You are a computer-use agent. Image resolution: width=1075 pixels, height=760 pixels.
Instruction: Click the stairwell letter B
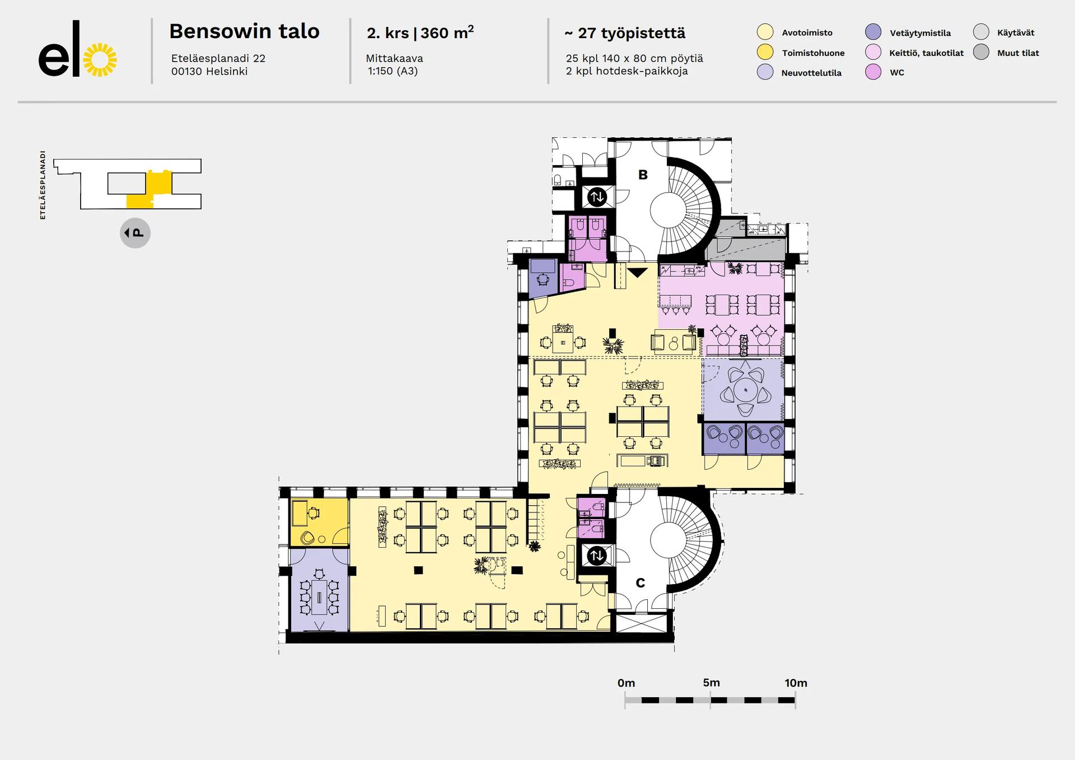643,175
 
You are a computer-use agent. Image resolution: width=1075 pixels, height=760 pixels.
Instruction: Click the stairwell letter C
641,583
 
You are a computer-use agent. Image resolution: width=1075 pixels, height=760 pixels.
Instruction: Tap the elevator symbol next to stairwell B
597,197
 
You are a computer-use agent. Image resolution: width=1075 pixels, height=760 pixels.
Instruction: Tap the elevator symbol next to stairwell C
597,556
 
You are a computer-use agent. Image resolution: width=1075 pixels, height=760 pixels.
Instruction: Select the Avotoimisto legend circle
765,32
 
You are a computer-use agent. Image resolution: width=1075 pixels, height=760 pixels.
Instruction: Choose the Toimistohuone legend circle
765,53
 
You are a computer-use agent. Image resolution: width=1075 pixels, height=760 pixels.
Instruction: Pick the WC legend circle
873,72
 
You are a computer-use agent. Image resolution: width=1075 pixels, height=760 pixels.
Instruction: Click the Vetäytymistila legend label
920,33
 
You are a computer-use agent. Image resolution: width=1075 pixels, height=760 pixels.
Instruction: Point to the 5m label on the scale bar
711,683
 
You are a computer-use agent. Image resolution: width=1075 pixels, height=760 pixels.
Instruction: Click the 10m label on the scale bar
796,683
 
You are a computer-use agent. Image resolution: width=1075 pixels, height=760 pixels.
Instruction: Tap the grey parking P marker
135,233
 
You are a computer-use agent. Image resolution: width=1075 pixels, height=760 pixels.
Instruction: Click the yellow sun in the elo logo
100,60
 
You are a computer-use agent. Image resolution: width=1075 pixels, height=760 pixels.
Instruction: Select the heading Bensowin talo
244,31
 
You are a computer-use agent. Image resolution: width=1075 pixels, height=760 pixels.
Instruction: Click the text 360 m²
447,32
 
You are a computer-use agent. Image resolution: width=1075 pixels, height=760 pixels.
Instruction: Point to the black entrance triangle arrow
637,273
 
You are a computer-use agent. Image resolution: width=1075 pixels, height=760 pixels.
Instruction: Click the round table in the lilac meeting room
746,390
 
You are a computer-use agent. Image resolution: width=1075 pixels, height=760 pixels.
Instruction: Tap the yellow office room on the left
319,522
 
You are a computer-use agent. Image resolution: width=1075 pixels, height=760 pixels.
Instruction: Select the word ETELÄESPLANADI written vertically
43,185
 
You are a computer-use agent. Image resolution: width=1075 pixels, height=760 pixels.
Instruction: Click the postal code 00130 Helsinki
209,71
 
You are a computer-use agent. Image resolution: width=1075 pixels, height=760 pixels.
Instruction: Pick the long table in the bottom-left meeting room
319,598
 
